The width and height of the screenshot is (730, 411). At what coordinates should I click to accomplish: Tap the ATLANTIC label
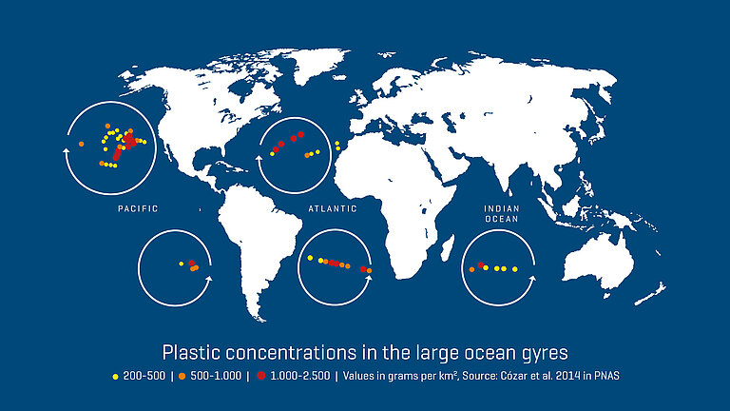point(333,207)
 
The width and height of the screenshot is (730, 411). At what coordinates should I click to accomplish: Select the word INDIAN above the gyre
point(501,207)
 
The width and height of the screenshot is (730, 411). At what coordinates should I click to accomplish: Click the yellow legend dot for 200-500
point(116,376)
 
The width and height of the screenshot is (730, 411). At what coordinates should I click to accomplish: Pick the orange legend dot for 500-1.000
point(179,376)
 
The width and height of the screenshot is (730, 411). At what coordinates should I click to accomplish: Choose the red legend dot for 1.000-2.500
point(256,376)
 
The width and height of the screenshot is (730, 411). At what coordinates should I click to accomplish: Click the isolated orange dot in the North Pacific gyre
point(82,144)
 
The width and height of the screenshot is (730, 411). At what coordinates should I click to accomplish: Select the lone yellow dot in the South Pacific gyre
point(181,264)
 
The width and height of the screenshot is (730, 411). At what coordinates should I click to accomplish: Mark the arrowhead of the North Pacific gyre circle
point(64,148)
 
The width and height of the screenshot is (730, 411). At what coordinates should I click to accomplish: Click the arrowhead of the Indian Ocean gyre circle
point(534,278)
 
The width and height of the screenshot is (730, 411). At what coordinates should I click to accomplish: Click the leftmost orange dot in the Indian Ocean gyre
point(472,269)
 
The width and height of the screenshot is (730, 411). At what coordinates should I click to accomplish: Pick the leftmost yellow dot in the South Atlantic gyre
point(310,258)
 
